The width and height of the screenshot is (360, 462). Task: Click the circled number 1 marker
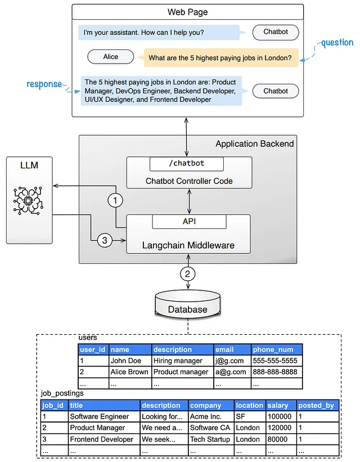[115, 200]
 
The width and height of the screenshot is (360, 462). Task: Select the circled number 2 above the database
[188, 275]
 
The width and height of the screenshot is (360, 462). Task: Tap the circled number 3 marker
[104, 240]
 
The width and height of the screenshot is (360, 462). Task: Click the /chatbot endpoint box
[186, 164]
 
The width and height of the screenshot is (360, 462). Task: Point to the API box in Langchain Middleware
[188, 222]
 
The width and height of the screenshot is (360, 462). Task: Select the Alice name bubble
[111, 57]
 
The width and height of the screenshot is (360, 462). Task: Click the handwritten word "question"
[337, 42]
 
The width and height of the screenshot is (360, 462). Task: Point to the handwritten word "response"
[44, 84]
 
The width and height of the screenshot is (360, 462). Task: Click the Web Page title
[187, 12]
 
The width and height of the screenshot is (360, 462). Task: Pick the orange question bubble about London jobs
[220, 57]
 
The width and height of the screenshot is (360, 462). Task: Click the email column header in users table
[225, 349]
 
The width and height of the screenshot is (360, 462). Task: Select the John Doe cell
[126, 361]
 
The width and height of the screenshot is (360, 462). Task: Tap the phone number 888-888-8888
[276, 372]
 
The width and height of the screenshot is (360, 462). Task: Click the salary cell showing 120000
[280, 428]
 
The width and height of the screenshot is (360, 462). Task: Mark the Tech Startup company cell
[209, 439]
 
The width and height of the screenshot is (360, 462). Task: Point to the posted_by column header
[316, 405]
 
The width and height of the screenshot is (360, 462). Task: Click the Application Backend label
[254, 144]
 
